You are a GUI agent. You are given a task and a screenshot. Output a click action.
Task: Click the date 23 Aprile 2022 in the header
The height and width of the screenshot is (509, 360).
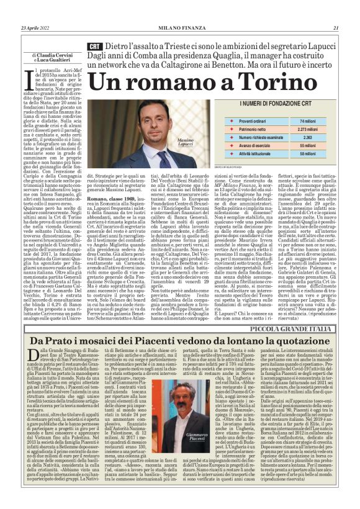(35, 27)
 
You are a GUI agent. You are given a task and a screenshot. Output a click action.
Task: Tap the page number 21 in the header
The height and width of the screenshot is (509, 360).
(335, 27)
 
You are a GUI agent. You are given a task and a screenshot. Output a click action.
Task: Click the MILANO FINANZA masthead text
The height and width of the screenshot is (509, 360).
(179, 27)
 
